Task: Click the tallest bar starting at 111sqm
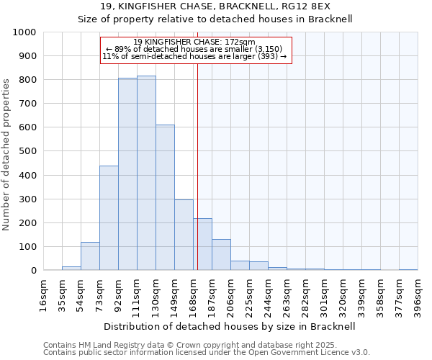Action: [x=146, y=173]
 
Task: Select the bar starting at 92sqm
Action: [x=127, y=174]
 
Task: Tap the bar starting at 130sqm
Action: [x=165, y=197]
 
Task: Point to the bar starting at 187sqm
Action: [x=221, y=255]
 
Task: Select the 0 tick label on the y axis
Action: [x=33, y=271]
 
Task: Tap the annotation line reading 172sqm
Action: [x=194, y=42]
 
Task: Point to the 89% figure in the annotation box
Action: [x=122, y=49]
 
